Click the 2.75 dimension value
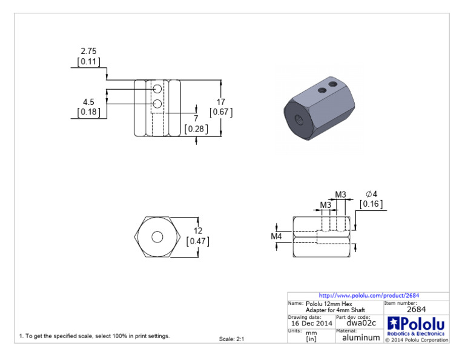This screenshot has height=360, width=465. tap(88, 52)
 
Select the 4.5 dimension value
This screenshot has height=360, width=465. tap(88, 102)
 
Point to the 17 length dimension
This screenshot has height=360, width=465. tap(221, 102)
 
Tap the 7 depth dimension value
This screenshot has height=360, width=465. tap(196, 118)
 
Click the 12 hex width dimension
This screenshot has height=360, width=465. tap(198, 231)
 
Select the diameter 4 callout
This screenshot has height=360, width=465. tap(371, 194)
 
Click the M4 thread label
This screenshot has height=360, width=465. tap(277, 236)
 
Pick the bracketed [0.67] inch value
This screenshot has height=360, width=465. tap(221, 112)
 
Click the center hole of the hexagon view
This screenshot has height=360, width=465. tap(157, 237)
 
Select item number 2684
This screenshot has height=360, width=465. tap(417, 310)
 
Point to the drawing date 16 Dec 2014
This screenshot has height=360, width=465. tap(311, 324)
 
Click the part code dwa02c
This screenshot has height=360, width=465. tap(358, 324)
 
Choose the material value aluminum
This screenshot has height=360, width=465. tap(361, 338)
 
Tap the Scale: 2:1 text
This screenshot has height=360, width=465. tap(231, 339)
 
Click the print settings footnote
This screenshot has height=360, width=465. tap(94, 336)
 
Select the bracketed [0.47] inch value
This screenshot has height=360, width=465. tap(198, 241)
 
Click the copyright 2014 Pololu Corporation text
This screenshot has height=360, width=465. tap(417, 339)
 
